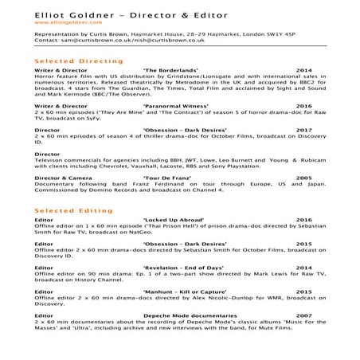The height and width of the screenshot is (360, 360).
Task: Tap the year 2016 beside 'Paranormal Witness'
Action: click(x=303, y=105)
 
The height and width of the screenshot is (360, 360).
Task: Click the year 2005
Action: click(x=303, y=178)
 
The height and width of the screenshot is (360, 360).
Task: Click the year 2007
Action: click(x=303, y=315)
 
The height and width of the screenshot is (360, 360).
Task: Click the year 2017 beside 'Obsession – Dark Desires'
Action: click(x=303, y=127)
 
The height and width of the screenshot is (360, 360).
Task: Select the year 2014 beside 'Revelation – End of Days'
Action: click(x=303, y=268)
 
